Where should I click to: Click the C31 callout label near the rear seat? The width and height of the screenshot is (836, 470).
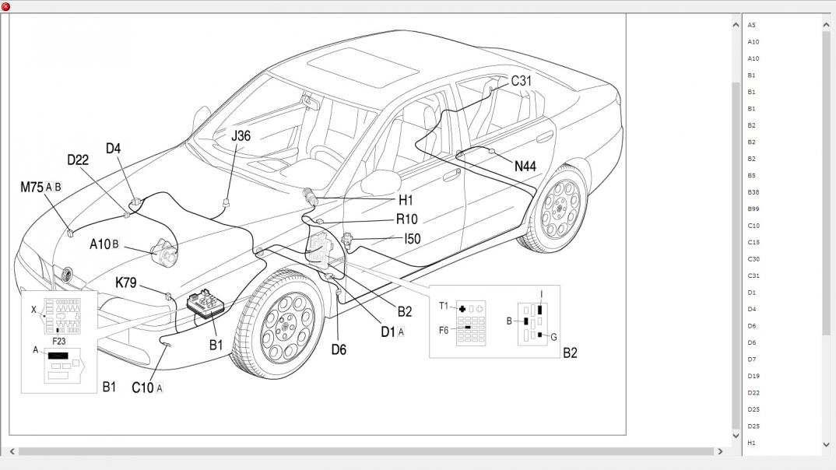tap(521, 81)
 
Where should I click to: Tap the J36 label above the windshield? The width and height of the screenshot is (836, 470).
tap(241, 136)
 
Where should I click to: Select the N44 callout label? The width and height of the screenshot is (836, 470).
tap(525, 167)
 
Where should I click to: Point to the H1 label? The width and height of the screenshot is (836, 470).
tap(406, 200)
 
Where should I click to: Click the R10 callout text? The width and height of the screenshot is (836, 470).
tap(407, 219)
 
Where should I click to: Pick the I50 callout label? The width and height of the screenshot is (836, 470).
tap(412, 239)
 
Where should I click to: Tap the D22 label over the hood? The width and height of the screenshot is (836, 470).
tap(78, 160)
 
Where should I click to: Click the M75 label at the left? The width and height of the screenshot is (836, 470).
tap(31, 187)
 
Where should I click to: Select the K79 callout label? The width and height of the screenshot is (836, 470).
tap(126, 282)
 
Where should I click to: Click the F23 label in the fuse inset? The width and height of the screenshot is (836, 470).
tap(58, 341)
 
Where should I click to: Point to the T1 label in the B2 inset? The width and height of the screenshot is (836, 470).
tap(444, 306)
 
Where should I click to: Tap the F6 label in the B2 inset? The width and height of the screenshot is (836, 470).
tap(444, 331)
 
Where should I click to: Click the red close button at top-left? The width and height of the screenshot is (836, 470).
tap(6, 6)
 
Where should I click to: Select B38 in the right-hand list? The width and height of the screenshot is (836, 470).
tap(753, 192)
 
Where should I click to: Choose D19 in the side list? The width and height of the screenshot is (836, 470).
tap(753, 376)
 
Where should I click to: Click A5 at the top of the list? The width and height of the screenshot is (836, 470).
tap(751, 25)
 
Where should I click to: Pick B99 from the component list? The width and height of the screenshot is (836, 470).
tap(753, 209)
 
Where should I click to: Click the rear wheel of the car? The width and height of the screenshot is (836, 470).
tap(558, 209)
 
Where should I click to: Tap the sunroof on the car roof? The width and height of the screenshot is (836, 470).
tap(363, 68)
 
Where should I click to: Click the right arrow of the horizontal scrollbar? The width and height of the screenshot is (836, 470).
tap(720, 451)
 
